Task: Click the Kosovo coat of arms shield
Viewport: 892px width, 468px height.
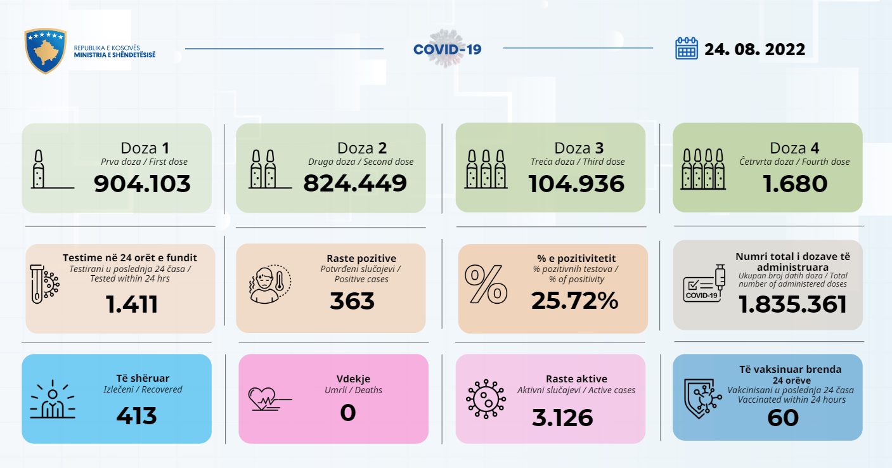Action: click(45, 51)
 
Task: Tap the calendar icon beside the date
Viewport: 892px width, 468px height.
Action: click(686, 48)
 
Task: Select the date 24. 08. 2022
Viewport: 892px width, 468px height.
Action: click(754, 49)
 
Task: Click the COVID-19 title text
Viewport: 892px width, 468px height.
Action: click(447, 49)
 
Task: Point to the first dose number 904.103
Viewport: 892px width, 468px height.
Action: click(142, 184)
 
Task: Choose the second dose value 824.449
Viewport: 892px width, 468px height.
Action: click(354, 183)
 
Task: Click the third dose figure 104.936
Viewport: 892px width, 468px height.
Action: click(576, 184)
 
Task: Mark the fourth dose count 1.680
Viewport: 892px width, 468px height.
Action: click(796, 184)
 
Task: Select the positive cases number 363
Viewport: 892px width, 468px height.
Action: click(352, 301)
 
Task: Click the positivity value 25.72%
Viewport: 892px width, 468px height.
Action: click(574, 301)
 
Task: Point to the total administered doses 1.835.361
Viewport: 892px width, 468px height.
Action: click(792, 304)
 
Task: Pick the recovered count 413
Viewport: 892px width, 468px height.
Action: click(136, 416)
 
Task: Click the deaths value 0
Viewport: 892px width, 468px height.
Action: click(348, 413)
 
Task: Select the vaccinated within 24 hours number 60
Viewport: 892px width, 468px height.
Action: click(782, 418)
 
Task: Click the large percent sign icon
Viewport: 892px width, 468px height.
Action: click(486, 284)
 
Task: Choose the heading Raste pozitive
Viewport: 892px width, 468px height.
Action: click(361, 258)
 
